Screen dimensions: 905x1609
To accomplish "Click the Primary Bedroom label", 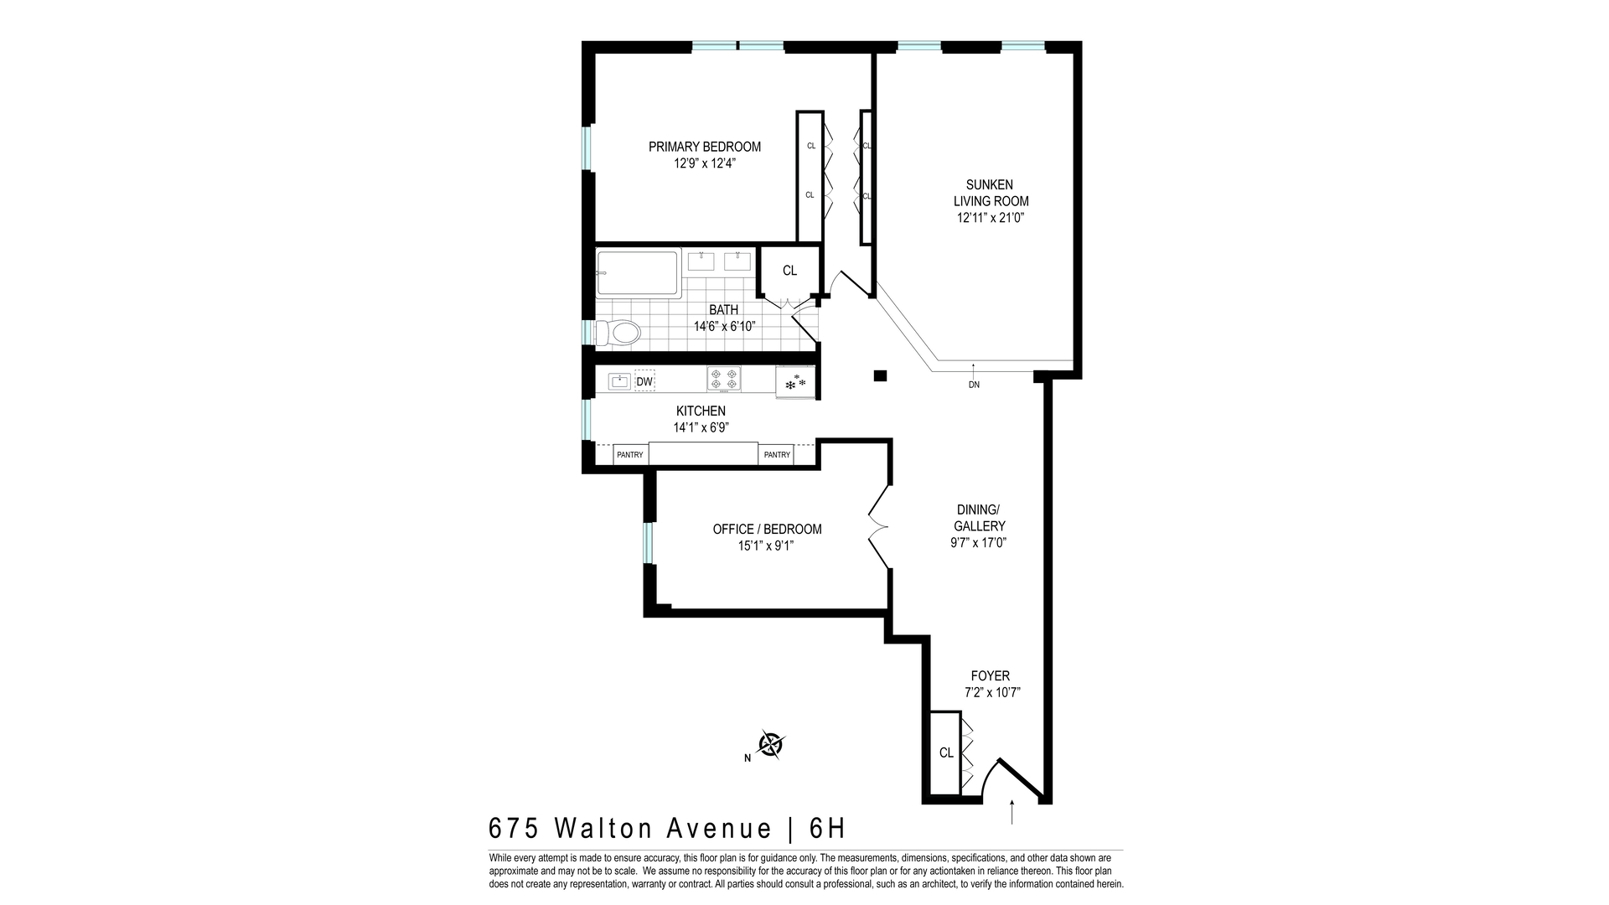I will pyautogui.click(x=705, y=147).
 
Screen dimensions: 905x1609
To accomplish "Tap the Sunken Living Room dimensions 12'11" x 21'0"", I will pyautogui.click(x=991, y=218).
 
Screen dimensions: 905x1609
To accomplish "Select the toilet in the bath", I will pyautogui.click(x=618, y=333).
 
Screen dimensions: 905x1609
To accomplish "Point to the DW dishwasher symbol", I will pyautogui.click(x=644, y=382).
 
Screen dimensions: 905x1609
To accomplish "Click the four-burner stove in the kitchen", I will pyautogui.click(x=724, y=379).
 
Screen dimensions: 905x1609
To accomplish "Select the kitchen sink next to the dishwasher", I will pyautogui.click(x=618, y=381).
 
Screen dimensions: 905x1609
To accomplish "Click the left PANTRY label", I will pyautogui.click(x=630, y=455).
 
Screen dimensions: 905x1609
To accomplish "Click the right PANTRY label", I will pyautogui.click(x=777, y=455).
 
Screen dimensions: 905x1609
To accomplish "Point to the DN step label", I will pyautogui.click(x=974, y=385).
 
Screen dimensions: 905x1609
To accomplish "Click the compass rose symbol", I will pyautogui.click(x=771, y=744).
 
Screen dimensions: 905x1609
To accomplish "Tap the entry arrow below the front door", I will pyautogui.click(x=1012, y=812).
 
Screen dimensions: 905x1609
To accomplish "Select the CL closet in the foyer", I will pyautogui.click(x=946, y=752).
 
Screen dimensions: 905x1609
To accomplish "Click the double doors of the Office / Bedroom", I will pyautogui.click(x=877, y=526).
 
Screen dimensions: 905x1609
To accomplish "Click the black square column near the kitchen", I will pyautogui.click(x=880, y=375).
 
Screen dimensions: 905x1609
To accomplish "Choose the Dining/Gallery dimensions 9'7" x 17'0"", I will pyautogui.click(x=979, y=542).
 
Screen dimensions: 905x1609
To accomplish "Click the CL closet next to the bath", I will pyautogui.click(x=789, y=271).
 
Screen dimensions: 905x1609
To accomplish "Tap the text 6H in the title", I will pyautogui.click(x=827, y=829).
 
